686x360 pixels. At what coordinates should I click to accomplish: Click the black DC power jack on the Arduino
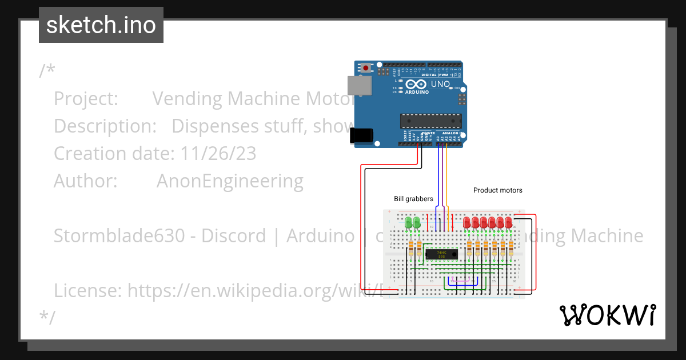click(361, 135)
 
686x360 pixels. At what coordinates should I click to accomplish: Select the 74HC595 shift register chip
click(441, 254)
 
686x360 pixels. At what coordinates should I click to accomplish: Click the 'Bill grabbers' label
click(413, 199)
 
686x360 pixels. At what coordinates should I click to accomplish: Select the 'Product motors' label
click(497, 190)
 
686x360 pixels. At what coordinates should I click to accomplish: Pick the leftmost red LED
click(467, 222)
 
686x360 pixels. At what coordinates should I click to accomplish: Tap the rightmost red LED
click(509, 222)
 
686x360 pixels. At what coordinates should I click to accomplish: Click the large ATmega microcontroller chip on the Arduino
click(429, 121)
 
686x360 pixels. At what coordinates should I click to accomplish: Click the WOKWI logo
click(607, 315)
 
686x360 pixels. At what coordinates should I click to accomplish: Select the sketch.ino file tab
click(101, 25)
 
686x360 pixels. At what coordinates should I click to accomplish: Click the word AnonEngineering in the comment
click(230, 181)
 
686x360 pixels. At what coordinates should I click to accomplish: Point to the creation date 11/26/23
click(218, 154)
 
